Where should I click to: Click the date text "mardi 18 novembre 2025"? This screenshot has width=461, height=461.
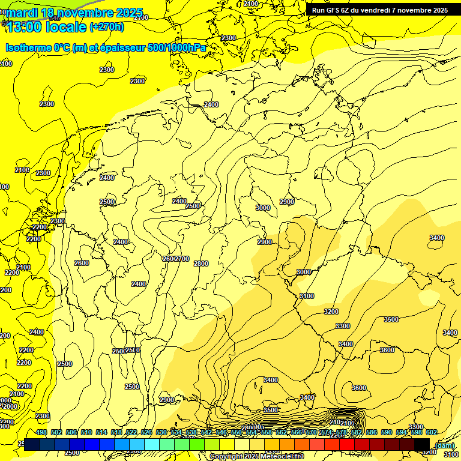73,13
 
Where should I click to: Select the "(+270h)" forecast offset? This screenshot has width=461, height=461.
107,27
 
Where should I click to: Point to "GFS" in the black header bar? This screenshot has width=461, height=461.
333,10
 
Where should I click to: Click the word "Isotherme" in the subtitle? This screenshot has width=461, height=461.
28,47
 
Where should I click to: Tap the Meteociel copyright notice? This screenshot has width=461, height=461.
256,456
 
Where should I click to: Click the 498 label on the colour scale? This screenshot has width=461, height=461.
41,432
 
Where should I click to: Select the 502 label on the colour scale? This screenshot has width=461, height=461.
56,432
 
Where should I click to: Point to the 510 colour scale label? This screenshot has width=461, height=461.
86,432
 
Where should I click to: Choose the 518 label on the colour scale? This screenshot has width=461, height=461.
116,432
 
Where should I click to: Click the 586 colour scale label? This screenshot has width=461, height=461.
372,432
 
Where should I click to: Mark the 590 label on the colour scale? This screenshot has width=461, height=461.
387,432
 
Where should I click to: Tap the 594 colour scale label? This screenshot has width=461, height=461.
402,432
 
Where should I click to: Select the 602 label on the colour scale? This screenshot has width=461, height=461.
431,432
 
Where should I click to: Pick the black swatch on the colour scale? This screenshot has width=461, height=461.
422,444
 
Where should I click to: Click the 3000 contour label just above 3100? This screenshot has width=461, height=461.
304,272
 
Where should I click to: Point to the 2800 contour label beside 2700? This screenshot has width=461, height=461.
201,264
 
